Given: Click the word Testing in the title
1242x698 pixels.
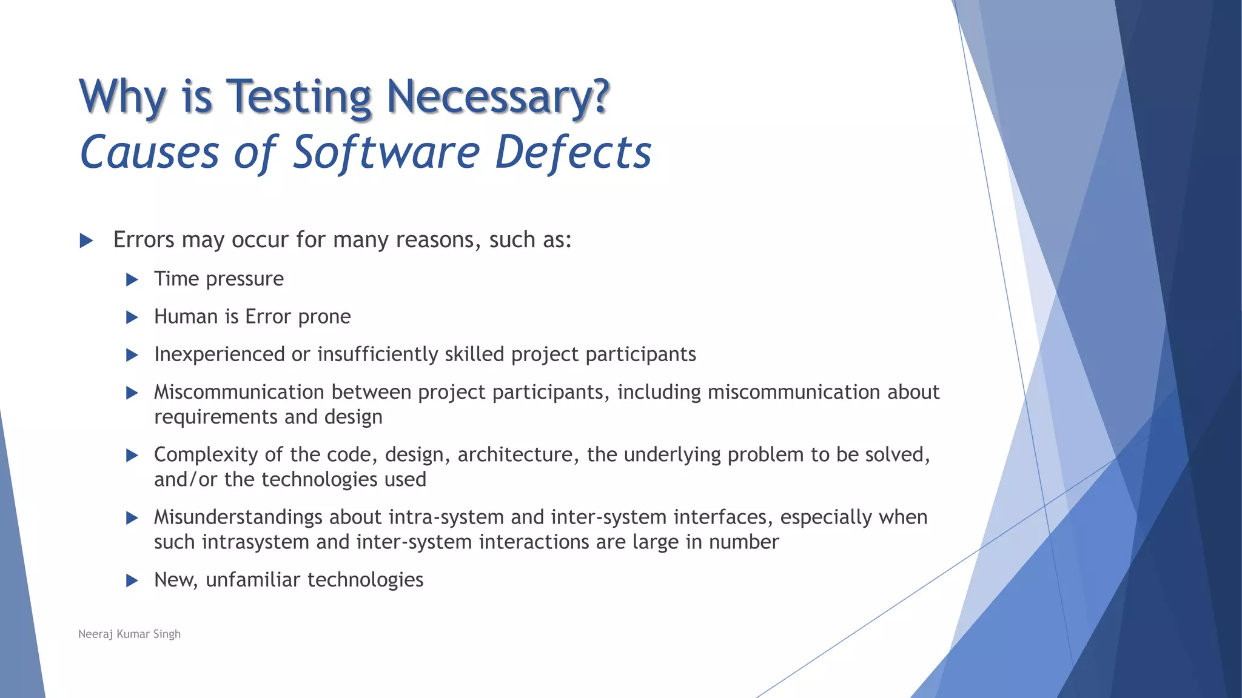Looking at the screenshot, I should [x=298, y=97].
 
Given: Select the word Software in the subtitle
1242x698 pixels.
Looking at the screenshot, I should [x=386, y=152].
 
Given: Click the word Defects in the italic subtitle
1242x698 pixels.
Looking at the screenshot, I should [x=573, y=152].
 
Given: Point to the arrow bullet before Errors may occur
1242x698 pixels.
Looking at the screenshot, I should [x=86, y=241].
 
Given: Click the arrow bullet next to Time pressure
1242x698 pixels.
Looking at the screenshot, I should [x=132, y=280].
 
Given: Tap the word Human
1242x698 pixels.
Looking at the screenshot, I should [x=186, y=317].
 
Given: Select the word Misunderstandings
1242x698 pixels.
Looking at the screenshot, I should [x=238, y=517].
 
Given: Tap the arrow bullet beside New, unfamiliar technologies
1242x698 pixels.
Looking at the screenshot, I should [x=132, y=581].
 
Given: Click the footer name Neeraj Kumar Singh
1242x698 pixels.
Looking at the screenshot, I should [x=129, y=634].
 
